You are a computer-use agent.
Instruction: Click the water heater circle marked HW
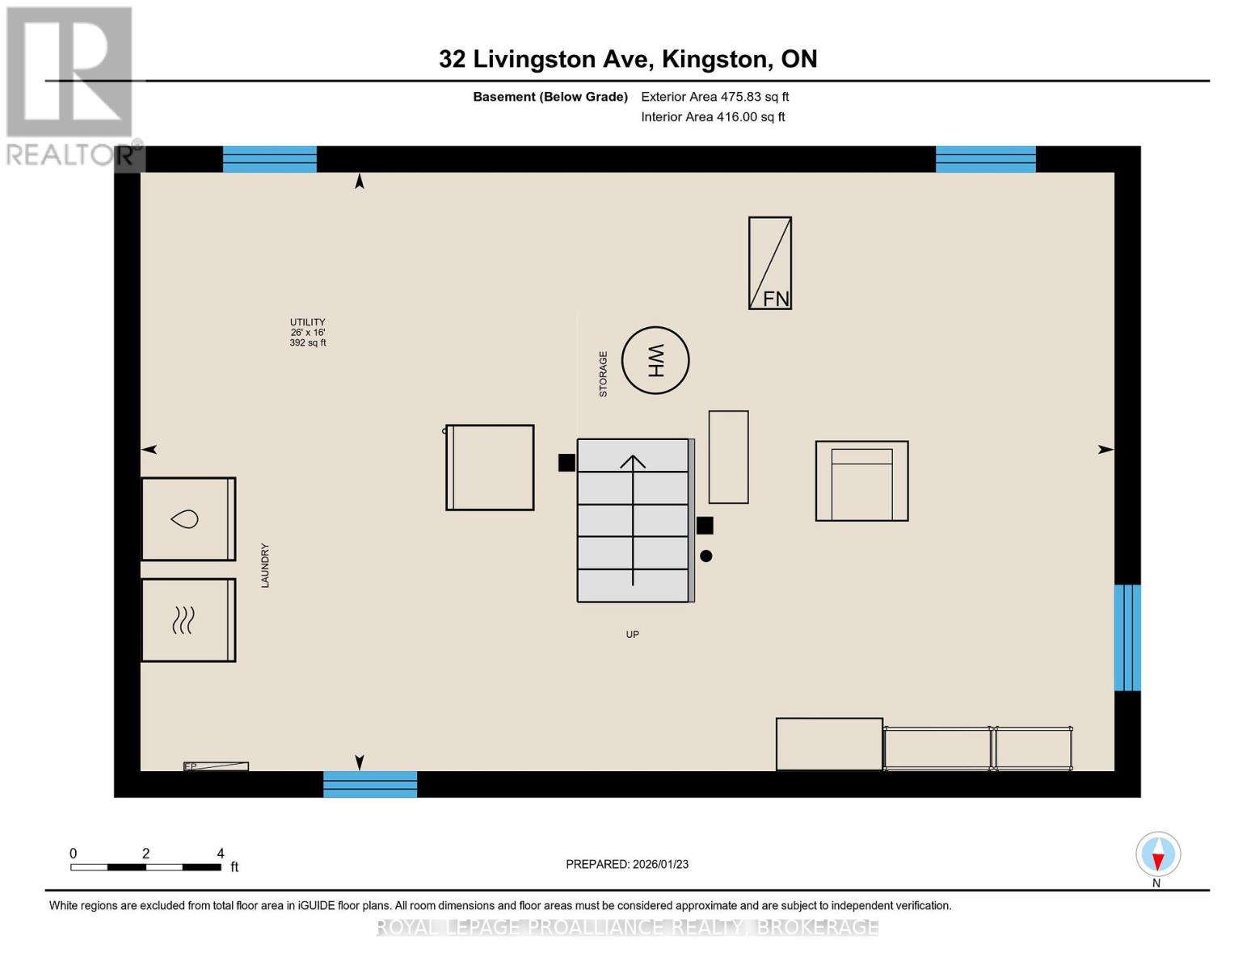(655, 360)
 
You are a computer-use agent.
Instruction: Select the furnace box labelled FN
(769, 263)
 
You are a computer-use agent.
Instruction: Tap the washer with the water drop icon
(188, 519)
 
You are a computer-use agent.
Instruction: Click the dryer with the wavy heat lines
(188, 620)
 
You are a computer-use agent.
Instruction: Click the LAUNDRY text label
(265, 565)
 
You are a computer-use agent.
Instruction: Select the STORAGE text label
(603, 374)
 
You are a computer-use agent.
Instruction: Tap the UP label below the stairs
(632, 635)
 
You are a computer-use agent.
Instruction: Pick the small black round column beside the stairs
(706, 556)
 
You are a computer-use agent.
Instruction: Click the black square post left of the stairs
(566, 463)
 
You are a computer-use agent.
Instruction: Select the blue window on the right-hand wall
(1127, 638)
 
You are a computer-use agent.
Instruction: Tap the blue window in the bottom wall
(370, 784)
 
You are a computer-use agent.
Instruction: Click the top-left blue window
(270, 159)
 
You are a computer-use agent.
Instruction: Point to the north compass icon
(1158, 854)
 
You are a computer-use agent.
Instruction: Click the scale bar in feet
(145, 867)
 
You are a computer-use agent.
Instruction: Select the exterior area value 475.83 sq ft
(714, 97)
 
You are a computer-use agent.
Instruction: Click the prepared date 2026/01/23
(627, 864)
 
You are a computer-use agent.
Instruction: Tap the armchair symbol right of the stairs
(861, 481)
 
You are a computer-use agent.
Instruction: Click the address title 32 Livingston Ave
(628, 59)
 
